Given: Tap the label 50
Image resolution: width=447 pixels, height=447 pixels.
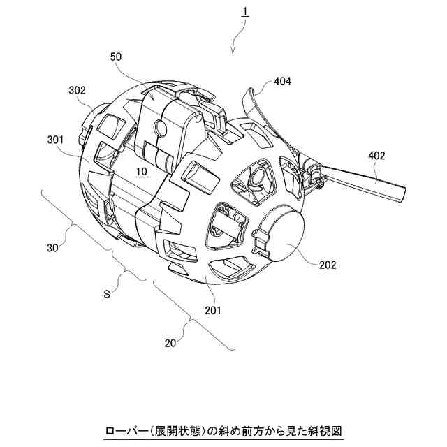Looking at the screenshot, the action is (116, 57).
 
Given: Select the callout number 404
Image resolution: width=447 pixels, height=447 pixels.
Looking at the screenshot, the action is (282, 82).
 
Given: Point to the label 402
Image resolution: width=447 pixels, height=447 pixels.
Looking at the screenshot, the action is (376, 156).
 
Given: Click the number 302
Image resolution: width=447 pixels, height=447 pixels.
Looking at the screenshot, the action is (77, 90).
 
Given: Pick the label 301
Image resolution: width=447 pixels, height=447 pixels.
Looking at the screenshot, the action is (55, 140).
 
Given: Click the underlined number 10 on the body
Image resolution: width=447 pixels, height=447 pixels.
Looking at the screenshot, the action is (142, 172).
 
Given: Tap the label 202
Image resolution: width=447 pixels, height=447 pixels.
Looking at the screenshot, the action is (328, 265).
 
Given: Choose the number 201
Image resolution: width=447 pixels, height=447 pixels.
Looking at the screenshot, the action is (213, 310).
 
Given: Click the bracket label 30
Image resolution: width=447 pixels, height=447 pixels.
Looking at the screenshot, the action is (52, 248).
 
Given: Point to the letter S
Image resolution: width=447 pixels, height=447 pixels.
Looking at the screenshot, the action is (107, 294).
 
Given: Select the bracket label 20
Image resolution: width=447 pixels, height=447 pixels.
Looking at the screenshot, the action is (170, 343).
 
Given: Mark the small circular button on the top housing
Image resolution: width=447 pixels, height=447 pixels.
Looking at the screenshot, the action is (160, 126).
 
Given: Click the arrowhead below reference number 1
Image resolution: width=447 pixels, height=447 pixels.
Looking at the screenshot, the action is (233, 51).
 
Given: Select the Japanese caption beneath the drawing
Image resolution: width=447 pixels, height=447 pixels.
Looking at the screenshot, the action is (223, 431).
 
